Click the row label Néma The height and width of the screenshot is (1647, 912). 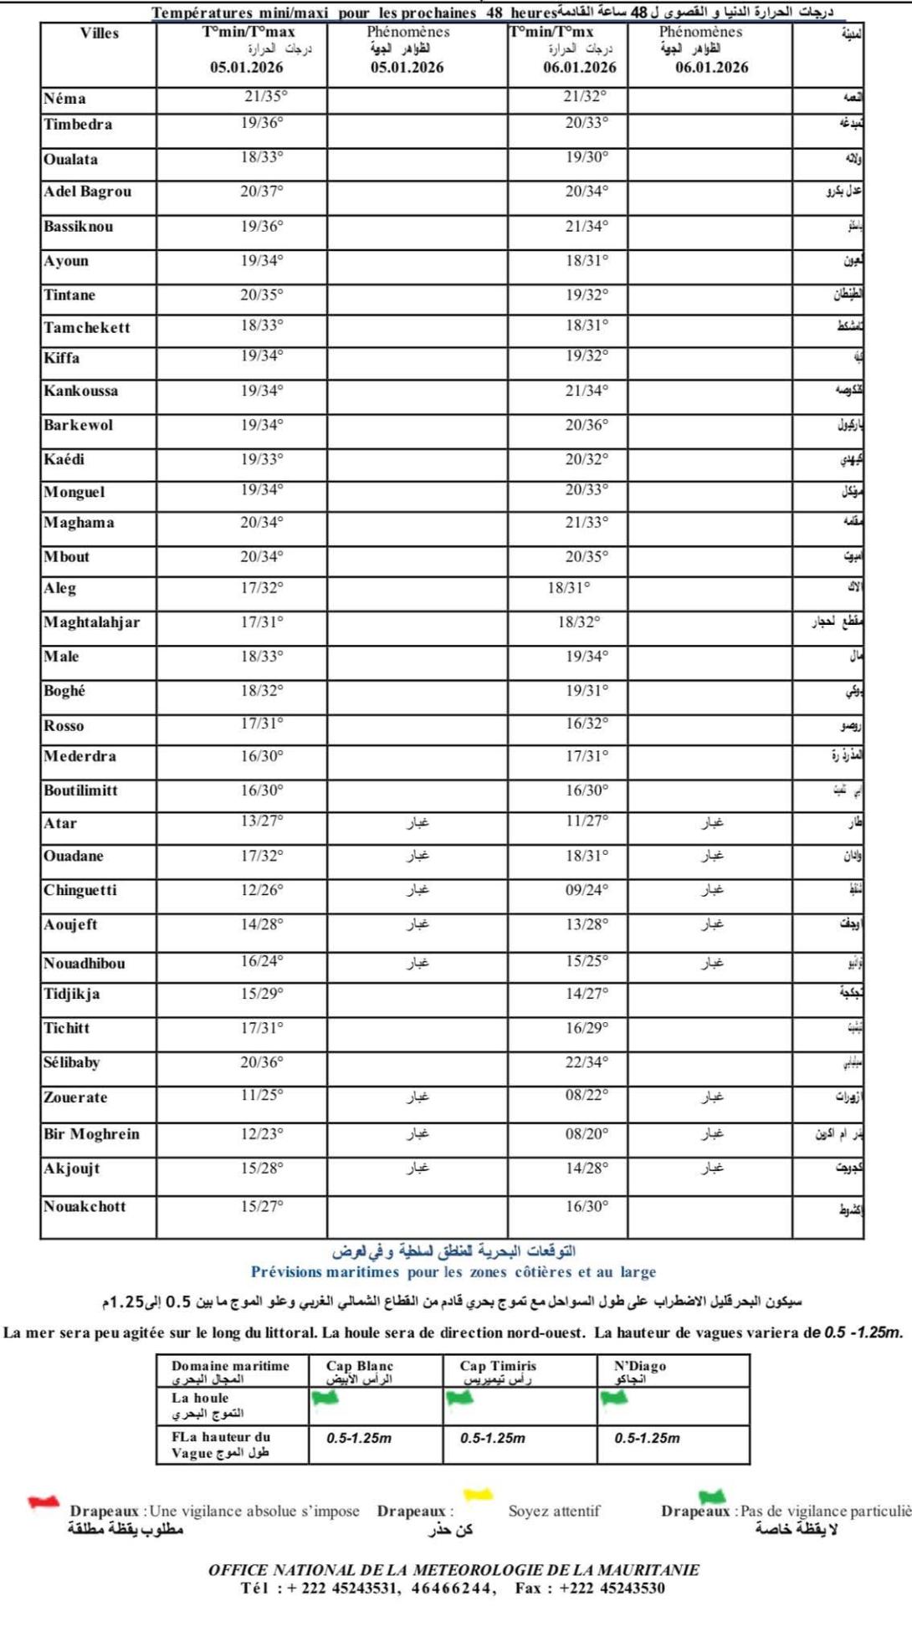(x=64, y=99)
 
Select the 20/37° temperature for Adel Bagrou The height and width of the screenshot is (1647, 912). (x=262, y=192)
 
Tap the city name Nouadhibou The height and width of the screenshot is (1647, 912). (x=85, y=964)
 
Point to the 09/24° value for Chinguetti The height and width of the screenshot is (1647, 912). (x=587, y=890)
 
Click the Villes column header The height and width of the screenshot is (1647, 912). (x=99, y=33)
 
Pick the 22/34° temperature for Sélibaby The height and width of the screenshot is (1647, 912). (x=587, y=1062)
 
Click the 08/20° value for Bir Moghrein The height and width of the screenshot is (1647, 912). (x=587, y=1134)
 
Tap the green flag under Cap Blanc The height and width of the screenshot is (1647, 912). (x=325, y=1398)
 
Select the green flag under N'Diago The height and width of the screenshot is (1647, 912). (x=613, y=1398)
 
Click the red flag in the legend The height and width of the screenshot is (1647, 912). (x=43, y=1502)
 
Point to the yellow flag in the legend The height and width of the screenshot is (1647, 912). (x=478, y=1494)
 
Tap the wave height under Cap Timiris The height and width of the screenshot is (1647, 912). (x=493, y=1438)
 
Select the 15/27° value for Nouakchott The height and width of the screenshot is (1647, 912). (x=262, y=1206)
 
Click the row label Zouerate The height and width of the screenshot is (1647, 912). (x=75, y=1097)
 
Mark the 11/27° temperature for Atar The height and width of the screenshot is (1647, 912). (x=587, y=821)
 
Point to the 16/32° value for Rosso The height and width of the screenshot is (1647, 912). (x=587, y=724)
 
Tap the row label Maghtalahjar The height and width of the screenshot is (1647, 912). (x=92, y=622)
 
